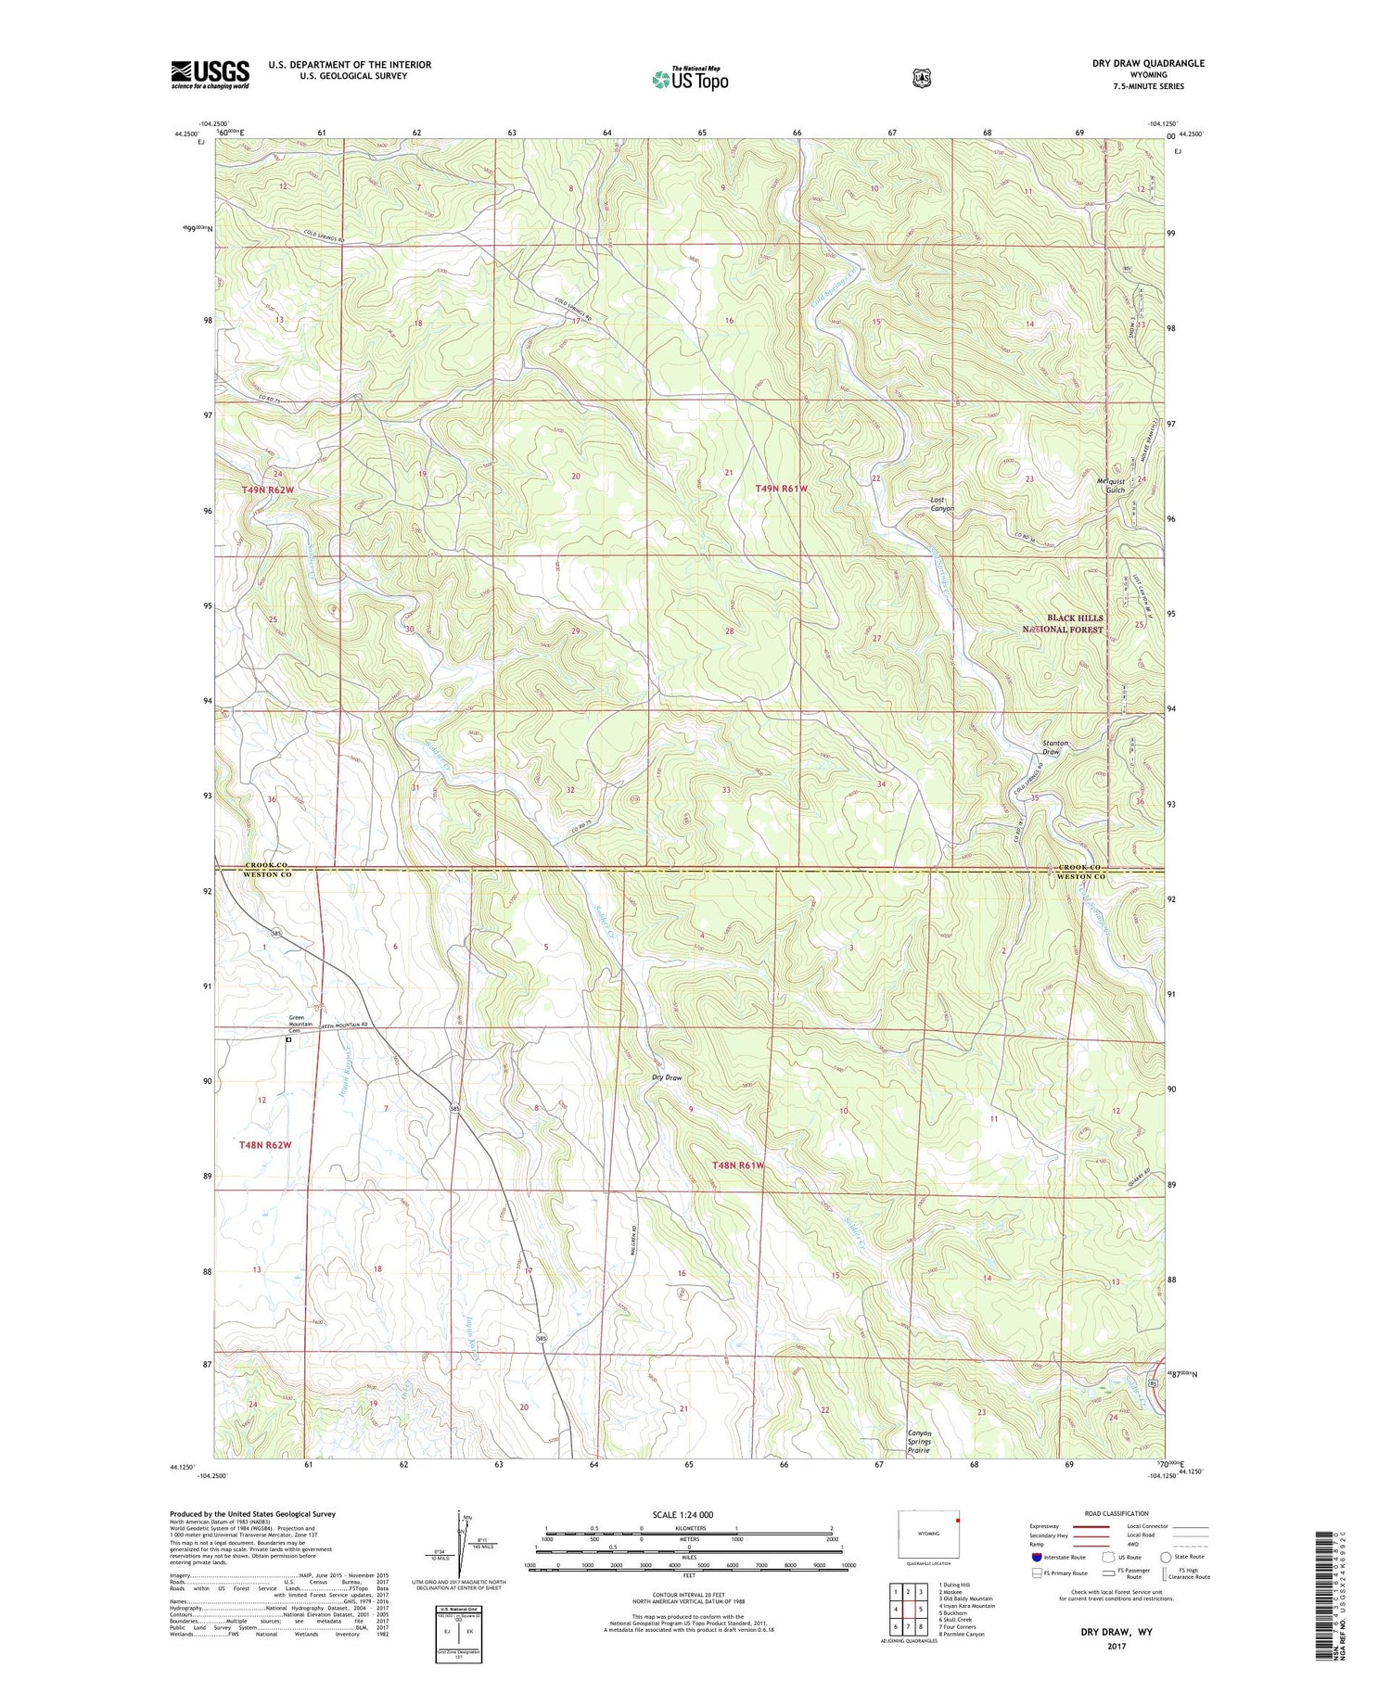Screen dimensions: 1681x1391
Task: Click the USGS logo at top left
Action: (x=210, y=74)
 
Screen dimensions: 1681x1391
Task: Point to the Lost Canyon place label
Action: (x=942, y=504)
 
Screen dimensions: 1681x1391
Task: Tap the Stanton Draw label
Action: (x=1055, y=747)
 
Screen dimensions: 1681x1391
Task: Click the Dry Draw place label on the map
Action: (x=667, y=1077)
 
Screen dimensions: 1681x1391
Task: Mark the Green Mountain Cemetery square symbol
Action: (x=288, y=1040)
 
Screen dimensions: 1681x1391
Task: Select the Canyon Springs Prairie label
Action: (x=919, y=1441)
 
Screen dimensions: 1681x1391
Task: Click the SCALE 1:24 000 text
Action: (x=683, y=1515)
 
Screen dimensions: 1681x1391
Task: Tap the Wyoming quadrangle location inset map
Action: (x=930, y=1534)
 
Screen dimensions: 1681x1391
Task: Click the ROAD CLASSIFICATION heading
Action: (x=1117, y=1514)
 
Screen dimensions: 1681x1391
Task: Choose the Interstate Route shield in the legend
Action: (x=1037, y=1558)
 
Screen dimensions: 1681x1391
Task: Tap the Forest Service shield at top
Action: (x=921, y=79)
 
